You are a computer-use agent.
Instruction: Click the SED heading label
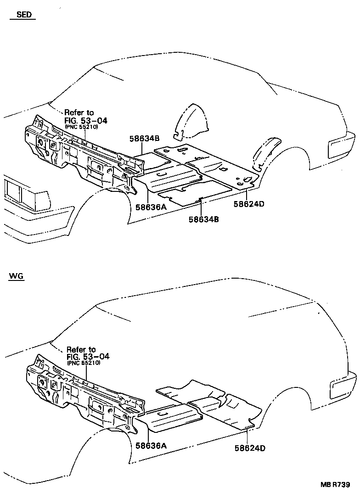point(24,15)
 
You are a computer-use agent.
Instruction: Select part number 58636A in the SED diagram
point(150,207)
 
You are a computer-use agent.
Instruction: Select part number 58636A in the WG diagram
point(150,445)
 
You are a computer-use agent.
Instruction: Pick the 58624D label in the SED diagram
point(248,204)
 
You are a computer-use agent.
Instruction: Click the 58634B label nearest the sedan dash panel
point(144,138)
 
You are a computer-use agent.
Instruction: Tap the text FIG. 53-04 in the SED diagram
point(85,120)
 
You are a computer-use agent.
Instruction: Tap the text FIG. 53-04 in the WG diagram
point(88,356)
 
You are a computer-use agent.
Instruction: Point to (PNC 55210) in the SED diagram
point(82,127)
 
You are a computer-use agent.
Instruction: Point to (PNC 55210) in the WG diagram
point(84,363)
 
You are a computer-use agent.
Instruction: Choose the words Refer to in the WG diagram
point(81,349)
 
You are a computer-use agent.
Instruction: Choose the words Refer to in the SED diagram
point(79,112)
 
